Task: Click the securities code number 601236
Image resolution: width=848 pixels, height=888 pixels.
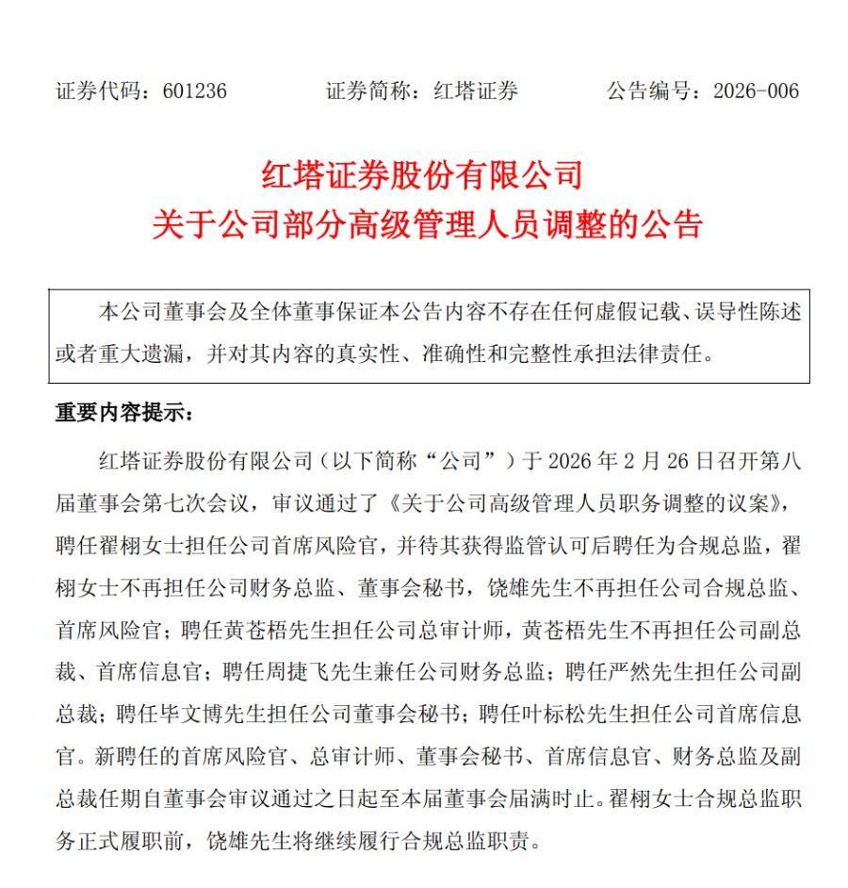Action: [194, 91]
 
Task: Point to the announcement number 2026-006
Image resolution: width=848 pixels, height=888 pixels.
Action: [756, 91]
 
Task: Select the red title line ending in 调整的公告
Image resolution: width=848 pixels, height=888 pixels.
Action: [428, 226]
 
